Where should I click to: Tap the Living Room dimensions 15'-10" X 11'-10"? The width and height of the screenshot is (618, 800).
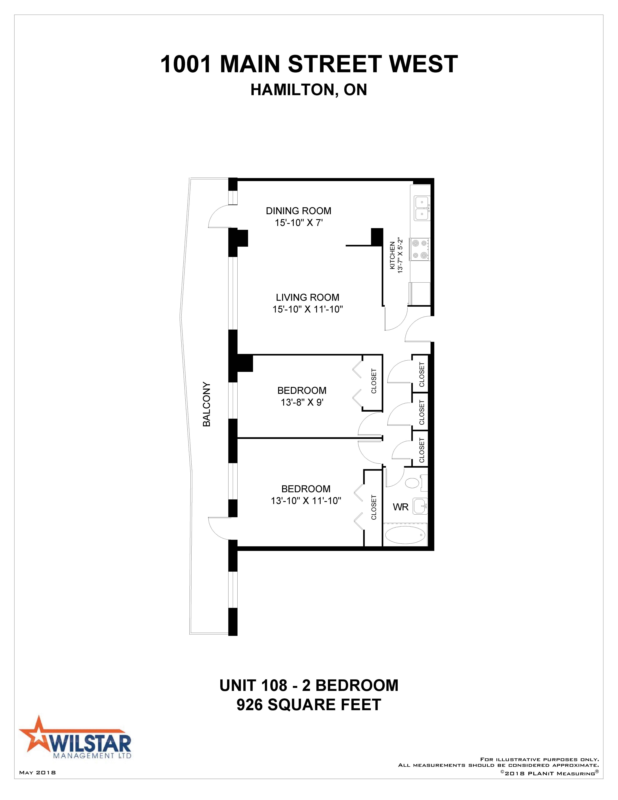point(308,309)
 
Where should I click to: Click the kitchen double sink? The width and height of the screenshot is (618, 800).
point(422,208)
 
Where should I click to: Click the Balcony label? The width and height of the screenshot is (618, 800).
point(207,404)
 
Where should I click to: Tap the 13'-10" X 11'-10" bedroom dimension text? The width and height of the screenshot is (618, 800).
point(306,501)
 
